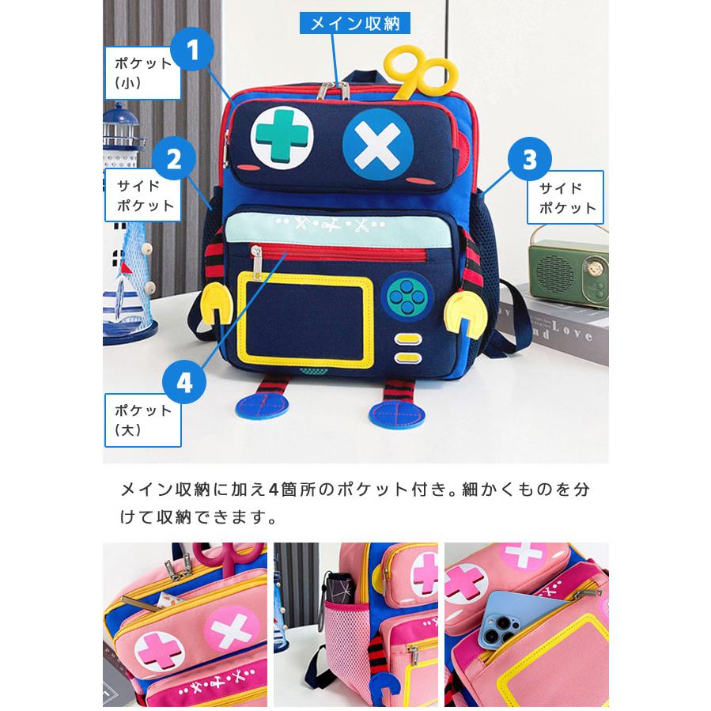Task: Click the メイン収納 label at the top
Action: (x=355, y=22)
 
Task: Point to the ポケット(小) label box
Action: (x=142, y=73)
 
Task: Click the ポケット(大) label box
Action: (x=142, y=419)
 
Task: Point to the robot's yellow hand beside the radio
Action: (x=467, y=316)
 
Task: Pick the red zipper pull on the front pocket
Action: (x=255, y=256)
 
